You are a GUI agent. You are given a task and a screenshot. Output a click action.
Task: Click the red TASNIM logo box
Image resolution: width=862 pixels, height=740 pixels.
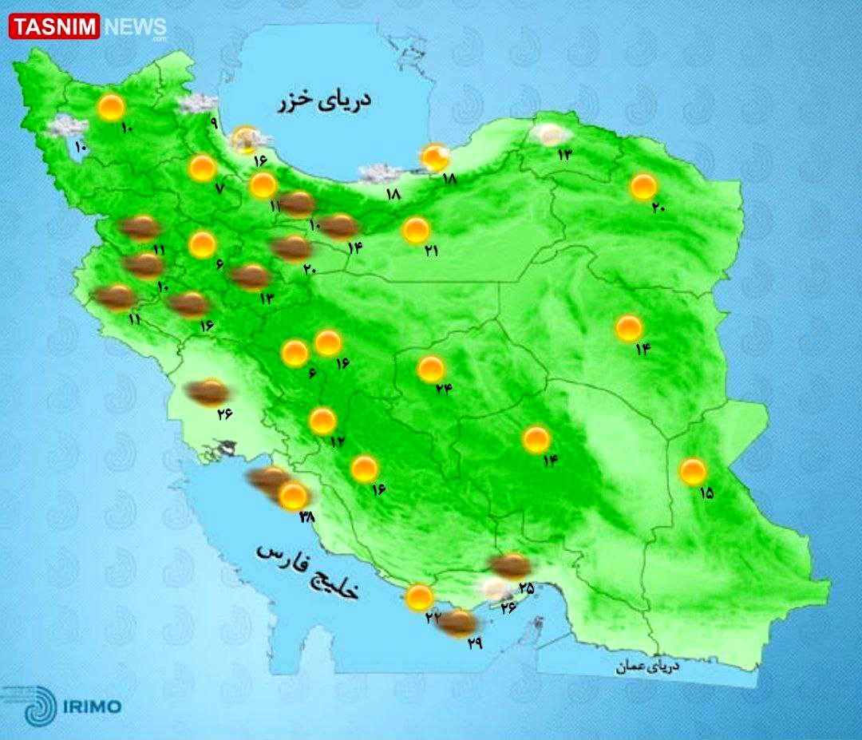(53, 27)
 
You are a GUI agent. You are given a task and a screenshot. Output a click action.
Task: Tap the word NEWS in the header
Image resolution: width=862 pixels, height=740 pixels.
(134, 27)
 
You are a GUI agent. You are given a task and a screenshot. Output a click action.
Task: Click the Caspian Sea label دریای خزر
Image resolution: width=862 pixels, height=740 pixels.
(325, 102)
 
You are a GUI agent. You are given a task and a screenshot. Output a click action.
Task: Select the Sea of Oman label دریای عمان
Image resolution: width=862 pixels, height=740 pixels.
(646, 666)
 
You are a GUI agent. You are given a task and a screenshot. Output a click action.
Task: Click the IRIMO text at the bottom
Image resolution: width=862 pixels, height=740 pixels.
(92, 706)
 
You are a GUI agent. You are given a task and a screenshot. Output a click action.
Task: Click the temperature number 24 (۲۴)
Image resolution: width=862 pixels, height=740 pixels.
(444, 389)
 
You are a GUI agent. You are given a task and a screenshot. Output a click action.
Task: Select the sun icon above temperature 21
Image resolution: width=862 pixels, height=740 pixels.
(416, 230)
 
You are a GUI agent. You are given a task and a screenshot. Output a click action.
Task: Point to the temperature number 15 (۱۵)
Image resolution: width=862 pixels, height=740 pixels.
(706, 493)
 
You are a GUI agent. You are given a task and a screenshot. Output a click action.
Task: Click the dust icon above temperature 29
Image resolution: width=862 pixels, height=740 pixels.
(457, 623)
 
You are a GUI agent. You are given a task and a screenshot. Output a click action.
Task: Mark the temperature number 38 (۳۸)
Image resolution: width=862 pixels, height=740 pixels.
(306, 517)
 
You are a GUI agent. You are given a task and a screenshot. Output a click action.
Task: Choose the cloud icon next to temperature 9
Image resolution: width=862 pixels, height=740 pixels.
(198, 103)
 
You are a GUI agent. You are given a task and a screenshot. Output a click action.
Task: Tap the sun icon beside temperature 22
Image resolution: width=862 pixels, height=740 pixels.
(418, 597)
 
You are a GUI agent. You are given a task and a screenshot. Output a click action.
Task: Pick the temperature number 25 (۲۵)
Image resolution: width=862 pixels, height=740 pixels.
(526, 588)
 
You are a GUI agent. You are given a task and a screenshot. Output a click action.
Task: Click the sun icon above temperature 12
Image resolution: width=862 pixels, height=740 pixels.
(322, 421)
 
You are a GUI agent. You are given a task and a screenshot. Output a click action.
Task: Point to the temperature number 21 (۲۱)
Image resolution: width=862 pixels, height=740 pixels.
(432, 251)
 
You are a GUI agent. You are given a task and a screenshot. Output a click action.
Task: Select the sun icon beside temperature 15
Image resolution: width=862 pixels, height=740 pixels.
(692, 471)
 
